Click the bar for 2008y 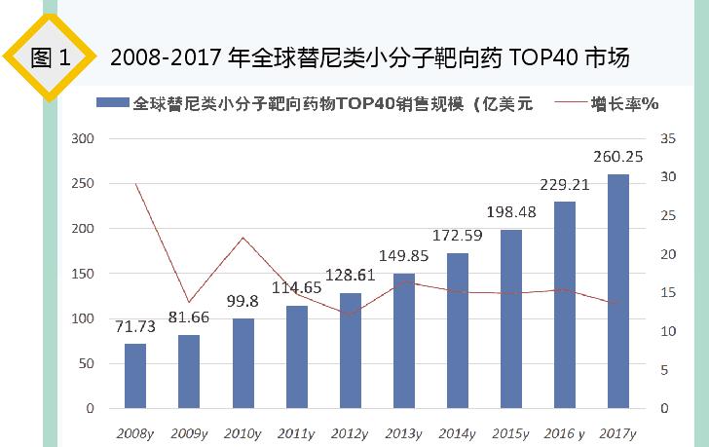point(135,376)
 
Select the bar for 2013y point(404,341)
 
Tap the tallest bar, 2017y point(618,291)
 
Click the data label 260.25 point(618,158)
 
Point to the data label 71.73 point(135,325)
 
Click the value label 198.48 point(511,212)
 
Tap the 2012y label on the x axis point(351,431)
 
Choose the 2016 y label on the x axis point(566,431)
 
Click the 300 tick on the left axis point(84,139)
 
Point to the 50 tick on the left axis point(88,363)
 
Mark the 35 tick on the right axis point(666,139)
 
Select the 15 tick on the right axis point(666,293)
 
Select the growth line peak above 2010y point(243,238)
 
